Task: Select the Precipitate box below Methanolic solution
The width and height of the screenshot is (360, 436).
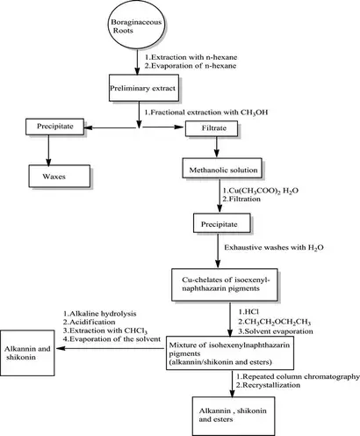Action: [216, 225]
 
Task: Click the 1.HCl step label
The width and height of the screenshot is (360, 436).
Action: [253, 308]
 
